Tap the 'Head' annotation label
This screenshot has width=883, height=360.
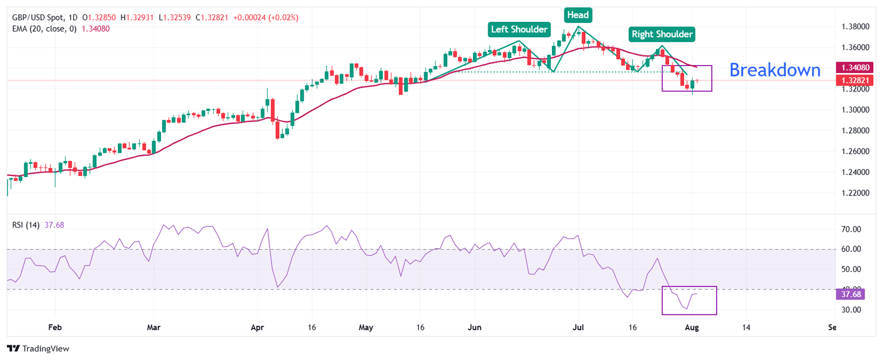578,15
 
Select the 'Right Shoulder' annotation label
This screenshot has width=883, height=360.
662,34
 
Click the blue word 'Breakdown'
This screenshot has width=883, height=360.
775,70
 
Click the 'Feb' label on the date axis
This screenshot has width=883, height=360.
55,327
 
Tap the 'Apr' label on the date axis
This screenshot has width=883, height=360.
257,327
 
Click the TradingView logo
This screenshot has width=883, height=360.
37,348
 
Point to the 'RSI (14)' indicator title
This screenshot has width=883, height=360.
26,225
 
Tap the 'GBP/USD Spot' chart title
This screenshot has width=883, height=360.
38,17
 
